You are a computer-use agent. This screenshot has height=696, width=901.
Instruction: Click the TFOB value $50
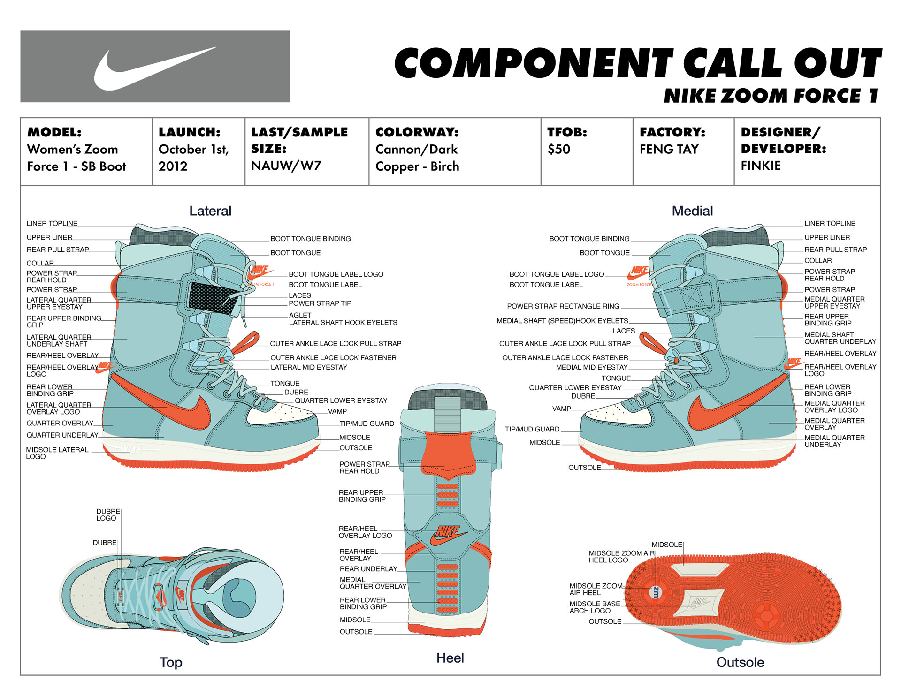pos(558,149)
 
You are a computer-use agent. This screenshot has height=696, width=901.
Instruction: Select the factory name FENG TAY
pos(669,149)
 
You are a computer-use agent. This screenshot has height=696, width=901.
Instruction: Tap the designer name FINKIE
pos(760,166)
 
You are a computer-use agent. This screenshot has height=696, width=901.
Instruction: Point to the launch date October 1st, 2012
pos(193,158)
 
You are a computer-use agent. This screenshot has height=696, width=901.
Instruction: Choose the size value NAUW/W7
pos(286,166)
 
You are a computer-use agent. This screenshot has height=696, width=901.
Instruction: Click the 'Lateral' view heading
pos(210,211)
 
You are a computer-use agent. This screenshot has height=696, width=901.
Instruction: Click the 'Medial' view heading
pos(692,211)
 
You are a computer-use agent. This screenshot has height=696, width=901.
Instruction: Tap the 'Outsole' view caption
pos(740,662)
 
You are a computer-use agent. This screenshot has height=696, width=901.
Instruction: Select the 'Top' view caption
pos(171,662)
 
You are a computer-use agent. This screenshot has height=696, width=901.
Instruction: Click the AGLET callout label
pos(300,315)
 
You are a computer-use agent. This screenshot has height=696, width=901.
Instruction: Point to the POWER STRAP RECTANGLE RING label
pos(563,306)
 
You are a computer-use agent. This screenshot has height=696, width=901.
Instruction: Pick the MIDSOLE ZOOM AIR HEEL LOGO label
pos(621,557)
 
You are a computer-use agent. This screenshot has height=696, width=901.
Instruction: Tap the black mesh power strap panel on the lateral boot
pos(212,298)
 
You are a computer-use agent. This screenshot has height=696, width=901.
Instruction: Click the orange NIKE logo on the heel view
pos(448,535)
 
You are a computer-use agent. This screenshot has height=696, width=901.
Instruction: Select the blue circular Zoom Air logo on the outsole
pos(656,592)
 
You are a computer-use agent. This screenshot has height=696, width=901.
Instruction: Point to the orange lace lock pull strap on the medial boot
pos(652,342)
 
